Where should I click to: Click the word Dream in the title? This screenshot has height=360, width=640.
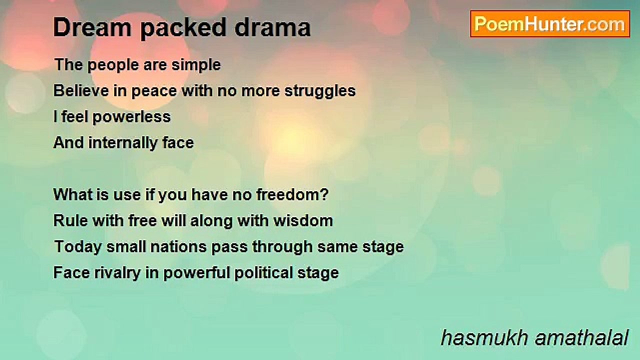(92, 27)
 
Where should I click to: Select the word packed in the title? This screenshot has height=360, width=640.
(183, 28)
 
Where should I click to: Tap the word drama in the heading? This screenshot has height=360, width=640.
(273, 27)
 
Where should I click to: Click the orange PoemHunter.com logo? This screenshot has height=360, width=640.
(550, 24)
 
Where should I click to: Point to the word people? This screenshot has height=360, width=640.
(113, 65)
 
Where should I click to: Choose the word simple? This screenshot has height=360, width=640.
(196, 65)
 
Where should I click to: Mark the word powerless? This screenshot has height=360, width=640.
(131, 117)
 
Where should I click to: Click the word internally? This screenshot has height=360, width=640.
(123, 143)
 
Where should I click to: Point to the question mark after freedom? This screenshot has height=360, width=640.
(324, 194)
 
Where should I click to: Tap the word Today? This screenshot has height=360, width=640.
(78, 247)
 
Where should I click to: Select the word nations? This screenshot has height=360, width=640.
(178, 247)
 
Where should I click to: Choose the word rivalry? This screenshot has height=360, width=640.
(117, 273)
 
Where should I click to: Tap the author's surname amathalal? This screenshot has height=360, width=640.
(582, 337)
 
